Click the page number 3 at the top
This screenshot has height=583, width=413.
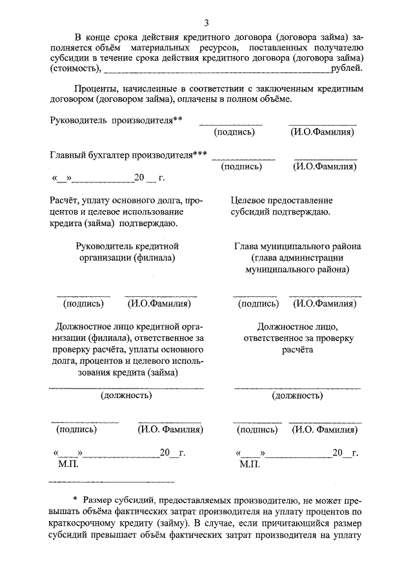point(206,24)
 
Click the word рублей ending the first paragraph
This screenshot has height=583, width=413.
point(347,68)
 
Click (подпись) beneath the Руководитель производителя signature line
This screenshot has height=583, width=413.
point(234,132)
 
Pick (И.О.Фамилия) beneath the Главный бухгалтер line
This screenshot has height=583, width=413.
point(325,166)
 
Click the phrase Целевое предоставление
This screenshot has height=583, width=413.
point(282,200)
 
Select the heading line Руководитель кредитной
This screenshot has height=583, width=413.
point(126,246)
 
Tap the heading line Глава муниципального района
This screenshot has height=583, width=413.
point(297,246)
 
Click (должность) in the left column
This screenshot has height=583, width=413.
point(126,395)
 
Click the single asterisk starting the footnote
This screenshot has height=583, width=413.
point(75,500)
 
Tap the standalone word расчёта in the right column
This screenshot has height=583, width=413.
point(297,349)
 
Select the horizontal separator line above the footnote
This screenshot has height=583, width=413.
point(112,481)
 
